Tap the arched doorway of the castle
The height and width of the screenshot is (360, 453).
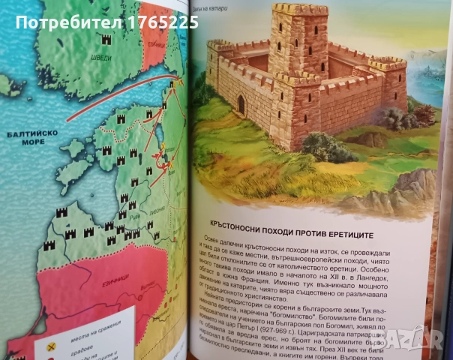(241, 103)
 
